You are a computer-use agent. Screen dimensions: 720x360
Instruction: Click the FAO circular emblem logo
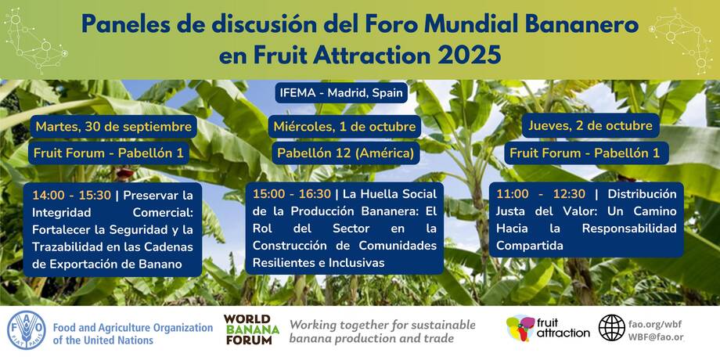(27, 330)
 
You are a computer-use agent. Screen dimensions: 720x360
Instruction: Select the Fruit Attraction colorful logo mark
(520, 329)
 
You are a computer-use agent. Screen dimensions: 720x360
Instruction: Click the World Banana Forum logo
(251, 329)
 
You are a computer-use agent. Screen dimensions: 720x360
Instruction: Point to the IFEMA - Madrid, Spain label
(341, 93)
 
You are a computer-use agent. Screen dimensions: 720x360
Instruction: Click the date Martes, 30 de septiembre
(113, 127)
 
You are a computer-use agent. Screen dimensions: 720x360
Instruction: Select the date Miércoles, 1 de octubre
(345, 127)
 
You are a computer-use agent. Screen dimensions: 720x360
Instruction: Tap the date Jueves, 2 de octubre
(591, 125)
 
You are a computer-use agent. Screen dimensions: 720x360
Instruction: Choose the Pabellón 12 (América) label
(345, 153)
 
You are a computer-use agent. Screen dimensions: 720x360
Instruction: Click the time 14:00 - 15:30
(72, 196)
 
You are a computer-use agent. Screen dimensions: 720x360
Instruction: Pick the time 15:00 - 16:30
(292, 194)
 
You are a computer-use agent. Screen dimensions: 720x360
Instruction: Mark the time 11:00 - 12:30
(541, 194)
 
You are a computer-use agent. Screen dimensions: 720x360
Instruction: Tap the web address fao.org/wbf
(657, 323)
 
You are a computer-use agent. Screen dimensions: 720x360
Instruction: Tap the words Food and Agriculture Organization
(133, 329)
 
